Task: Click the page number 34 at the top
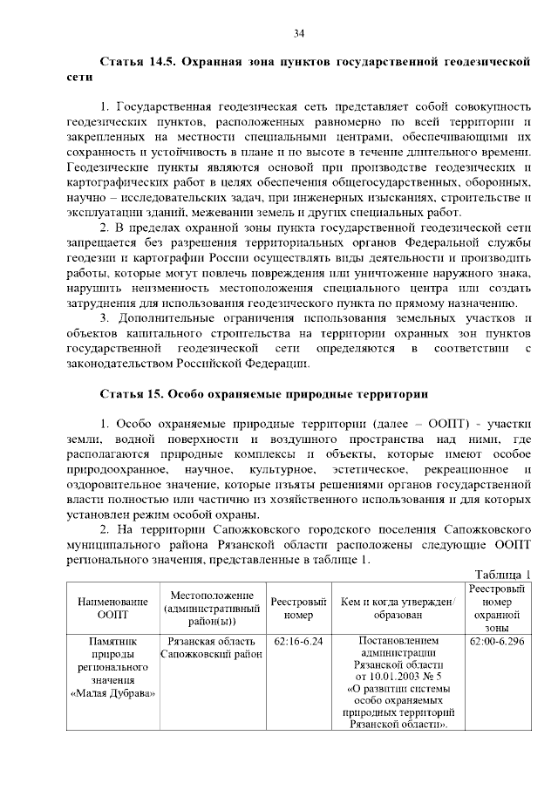click(298, 33)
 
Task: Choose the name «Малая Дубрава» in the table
click(112, 693)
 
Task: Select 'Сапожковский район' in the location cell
click(211, 653)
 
